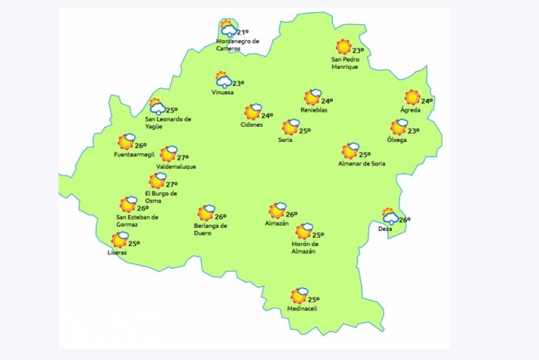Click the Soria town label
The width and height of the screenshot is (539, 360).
(285, 140)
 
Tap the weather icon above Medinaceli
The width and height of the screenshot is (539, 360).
(300, 294)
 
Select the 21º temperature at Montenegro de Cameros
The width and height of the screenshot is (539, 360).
(242, 32)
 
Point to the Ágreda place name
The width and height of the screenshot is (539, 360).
(411, 111)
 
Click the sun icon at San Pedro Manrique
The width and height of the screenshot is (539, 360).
(343, 46)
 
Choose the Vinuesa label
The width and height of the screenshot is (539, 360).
(223, 93)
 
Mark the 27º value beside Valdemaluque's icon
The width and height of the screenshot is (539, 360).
(182, 158)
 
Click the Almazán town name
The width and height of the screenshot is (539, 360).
(277, 223)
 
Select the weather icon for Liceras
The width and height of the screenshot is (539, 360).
(119, 240)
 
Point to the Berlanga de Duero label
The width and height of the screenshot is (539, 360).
(211, 229)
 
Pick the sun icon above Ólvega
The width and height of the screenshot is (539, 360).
(399, 128)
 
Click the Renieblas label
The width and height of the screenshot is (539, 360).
(313, 110)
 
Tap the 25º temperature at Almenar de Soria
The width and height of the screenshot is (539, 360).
(365, 155)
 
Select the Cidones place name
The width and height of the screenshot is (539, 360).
(251, 125)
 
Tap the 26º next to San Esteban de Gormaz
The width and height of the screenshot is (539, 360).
(142, 208)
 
